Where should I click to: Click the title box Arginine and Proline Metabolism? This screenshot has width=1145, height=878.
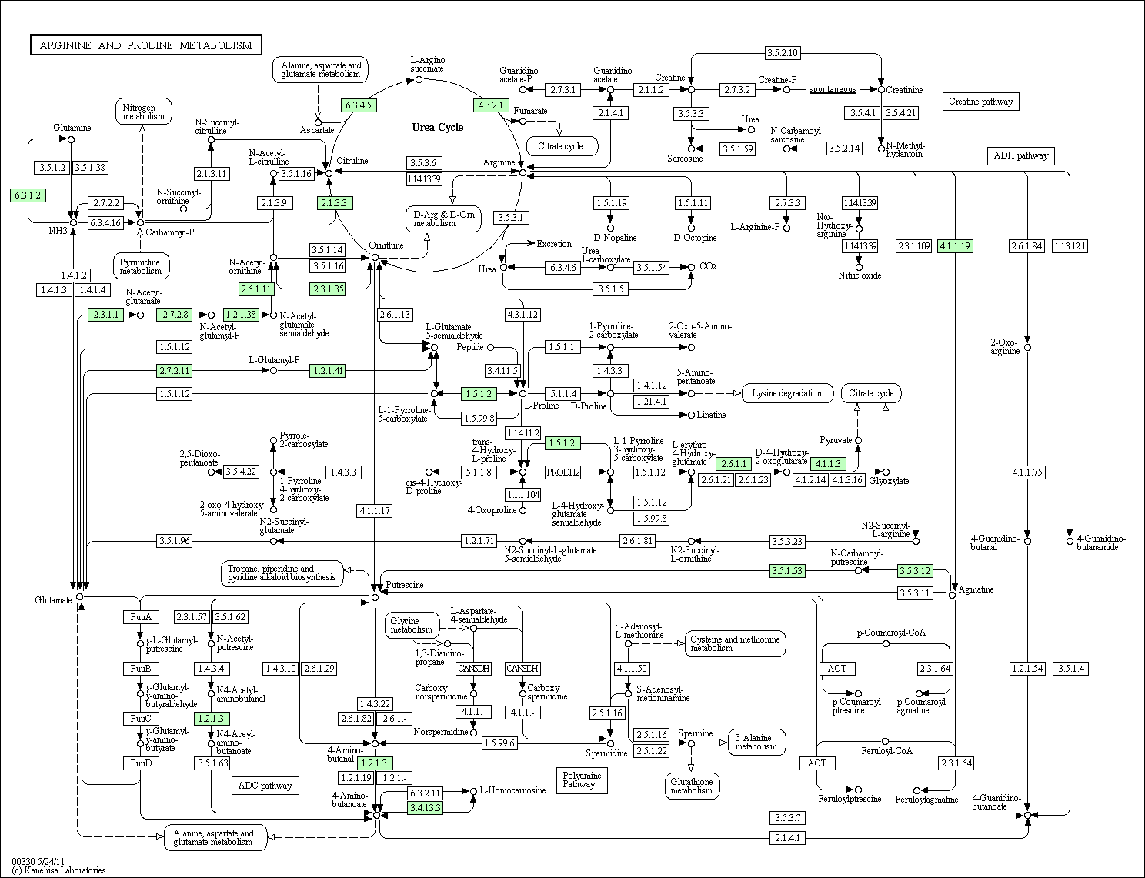146,45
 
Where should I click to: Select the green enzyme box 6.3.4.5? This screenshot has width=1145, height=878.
359,105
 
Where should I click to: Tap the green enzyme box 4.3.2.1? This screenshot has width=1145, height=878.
491,105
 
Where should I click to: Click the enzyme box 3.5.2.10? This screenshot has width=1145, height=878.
783,52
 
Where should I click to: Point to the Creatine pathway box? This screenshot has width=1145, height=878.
980,102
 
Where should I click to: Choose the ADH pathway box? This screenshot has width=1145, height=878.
1020,156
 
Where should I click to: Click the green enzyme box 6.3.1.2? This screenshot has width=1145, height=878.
28,195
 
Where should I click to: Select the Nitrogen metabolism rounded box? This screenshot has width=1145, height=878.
143,112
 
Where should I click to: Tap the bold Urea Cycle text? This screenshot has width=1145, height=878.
438,128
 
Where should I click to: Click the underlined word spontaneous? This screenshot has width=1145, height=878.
833,89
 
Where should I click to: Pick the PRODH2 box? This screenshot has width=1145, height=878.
562,472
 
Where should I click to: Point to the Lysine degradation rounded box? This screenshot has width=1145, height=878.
787,393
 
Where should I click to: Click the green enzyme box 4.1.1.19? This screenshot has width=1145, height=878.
955,246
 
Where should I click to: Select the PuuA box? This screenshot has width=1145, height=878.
141,617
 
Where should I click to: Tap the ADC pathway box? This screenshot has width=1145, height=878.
265,786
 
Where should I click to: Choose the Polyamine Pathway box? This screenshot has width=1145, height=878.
582,780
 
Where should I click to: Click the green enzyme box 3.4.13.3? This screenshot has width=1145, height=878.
426,808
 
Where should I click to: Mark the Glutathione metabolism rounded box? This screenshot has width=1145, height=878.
692,786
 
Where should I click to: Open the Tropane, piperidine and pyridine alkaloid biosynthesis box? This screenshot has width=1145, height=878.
282,573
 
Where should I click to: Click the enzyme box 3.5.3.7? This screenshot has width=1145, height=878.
788,817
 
